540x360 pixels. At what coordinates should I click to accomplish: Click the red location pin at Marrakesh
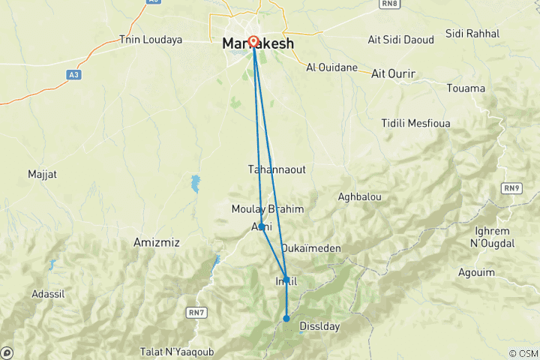click(x=253, y=43)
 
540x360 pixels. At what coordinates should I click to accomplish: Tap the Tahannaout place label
click(x=277, y=169)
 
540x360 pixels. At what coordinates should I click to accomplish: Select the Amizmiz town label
click(x=156, y=242)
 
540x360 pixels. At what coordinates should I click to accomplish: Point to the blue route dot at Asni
click(x=261, y=226)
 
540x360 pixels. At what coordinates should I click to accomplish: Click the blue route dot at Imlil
click(x=286, y=280)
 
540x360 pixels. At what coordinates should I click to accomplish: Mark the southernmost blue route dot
click(x=286, y=319)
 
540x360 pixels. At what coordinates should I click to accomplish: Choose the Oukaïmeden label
click(x=310, y=247)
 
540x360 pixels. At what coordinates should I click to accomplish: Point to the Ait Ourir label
click(x=394, y=73)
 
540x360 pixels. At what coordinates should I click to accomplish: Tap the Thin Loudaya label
click(x=151, y=39)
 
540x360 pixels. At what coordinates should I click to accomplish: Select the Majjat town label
click(x=42, y=174)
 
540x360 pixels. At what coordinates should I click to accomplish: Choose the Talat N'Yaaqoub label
click(x=176, y=351)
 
